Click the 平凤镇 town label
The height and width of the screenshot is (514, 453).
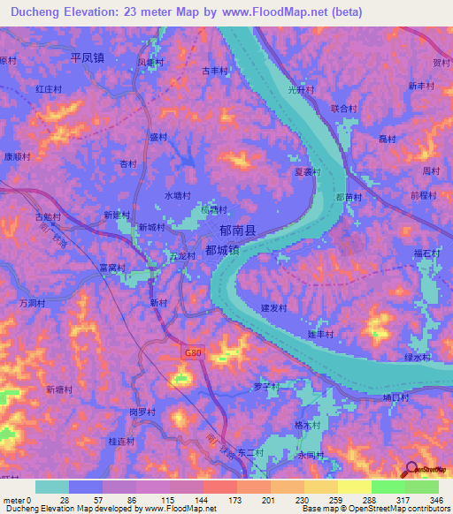pyautogui.click(x=88, y=57)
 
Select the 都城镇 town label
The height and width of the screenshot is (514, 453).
pyautogui.click(x=222, y=250)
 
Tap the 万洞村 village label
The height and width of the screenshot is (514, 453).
pyautogui.click(x=32, y=303)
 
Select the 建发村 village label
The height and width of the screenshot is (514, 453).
pyautogui.click(x=274, y=307)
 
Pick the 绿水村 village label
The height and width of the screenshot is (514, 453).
pyautogui.click(x=417, y=357)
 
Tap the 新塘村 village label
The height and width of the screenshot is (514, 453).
pyautogui.click(x=61, y=389)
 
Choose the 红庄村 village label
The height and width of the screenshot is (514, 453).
pyautogui.click(x=49, y=89)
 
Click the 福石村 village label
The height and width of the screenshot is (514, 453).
pyautogui.click(x=426, y=254)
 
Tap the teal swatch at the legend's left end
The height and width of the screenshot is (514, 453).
pyautogui.click(x=52, y=487)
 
